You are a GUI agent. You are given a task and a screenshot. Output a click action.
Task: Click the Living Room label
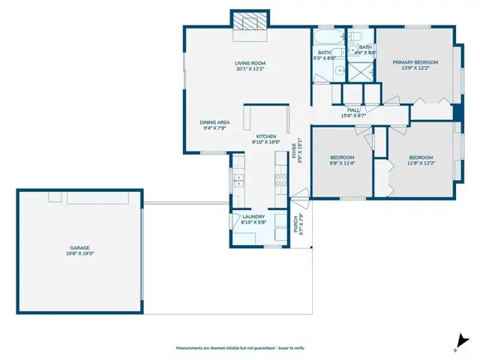point(250,63)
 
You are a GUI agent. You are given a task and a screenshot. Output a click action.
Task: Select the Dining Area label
point(214,122)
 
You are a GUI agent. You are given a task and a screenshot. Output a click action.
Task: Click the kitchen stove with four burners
point(282,180)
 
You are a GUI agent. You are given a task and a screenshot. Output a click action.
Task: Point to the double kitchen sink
point(238,180)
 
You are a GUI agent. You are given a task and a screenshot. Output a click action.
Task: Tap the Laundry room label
point(254,217)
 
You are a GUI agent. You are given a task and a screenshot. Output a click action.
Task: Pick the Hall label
point(352,109)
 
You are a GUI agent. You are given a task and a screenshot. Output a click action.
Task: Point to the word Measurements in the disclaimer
point(190,349)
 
